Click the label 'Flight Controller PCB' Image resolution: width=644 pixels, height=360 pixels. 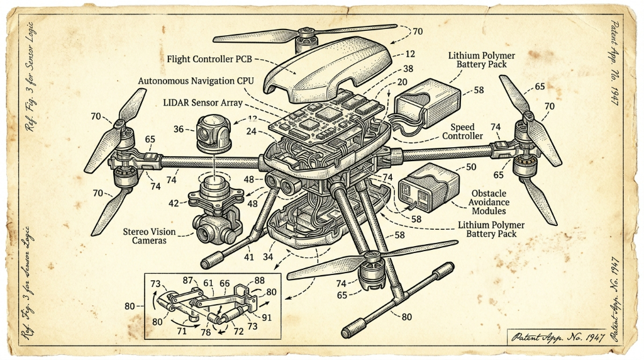209,59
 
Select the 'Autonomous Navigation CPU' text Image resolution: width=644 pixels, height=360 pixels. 196,81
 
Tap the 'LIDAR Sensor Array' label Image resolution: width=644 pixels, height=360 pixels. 203,103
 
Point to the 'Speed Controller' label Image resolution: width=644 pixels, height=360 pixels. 462,132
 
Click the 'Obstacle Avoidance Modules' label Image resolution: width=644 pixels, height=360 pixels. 489,202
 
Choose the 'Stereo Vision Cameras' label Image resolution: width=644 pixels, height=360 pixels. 149,236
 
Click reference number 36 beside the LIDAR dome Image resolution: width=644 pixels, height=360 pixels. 178,129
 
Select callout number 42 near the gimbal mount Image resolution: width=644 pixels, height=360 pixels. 174,203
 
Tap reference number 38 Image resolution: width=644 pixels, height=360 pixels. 408,69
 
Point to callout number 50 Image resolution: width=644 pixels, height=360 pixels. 471,167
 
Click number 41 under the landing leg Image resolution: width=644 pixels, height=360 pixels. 249,257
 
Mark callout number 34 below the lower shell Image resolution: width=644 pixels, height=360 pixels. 268,257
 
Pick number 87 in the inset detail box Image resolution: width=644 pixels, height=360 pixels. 187,280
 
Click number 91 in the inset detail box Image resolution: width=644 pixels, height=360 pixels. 267,317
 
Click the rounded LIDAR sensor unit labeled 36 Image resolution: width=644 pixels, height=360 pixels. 214,133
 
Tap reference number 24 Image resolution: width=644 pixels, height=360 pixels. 252,132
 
